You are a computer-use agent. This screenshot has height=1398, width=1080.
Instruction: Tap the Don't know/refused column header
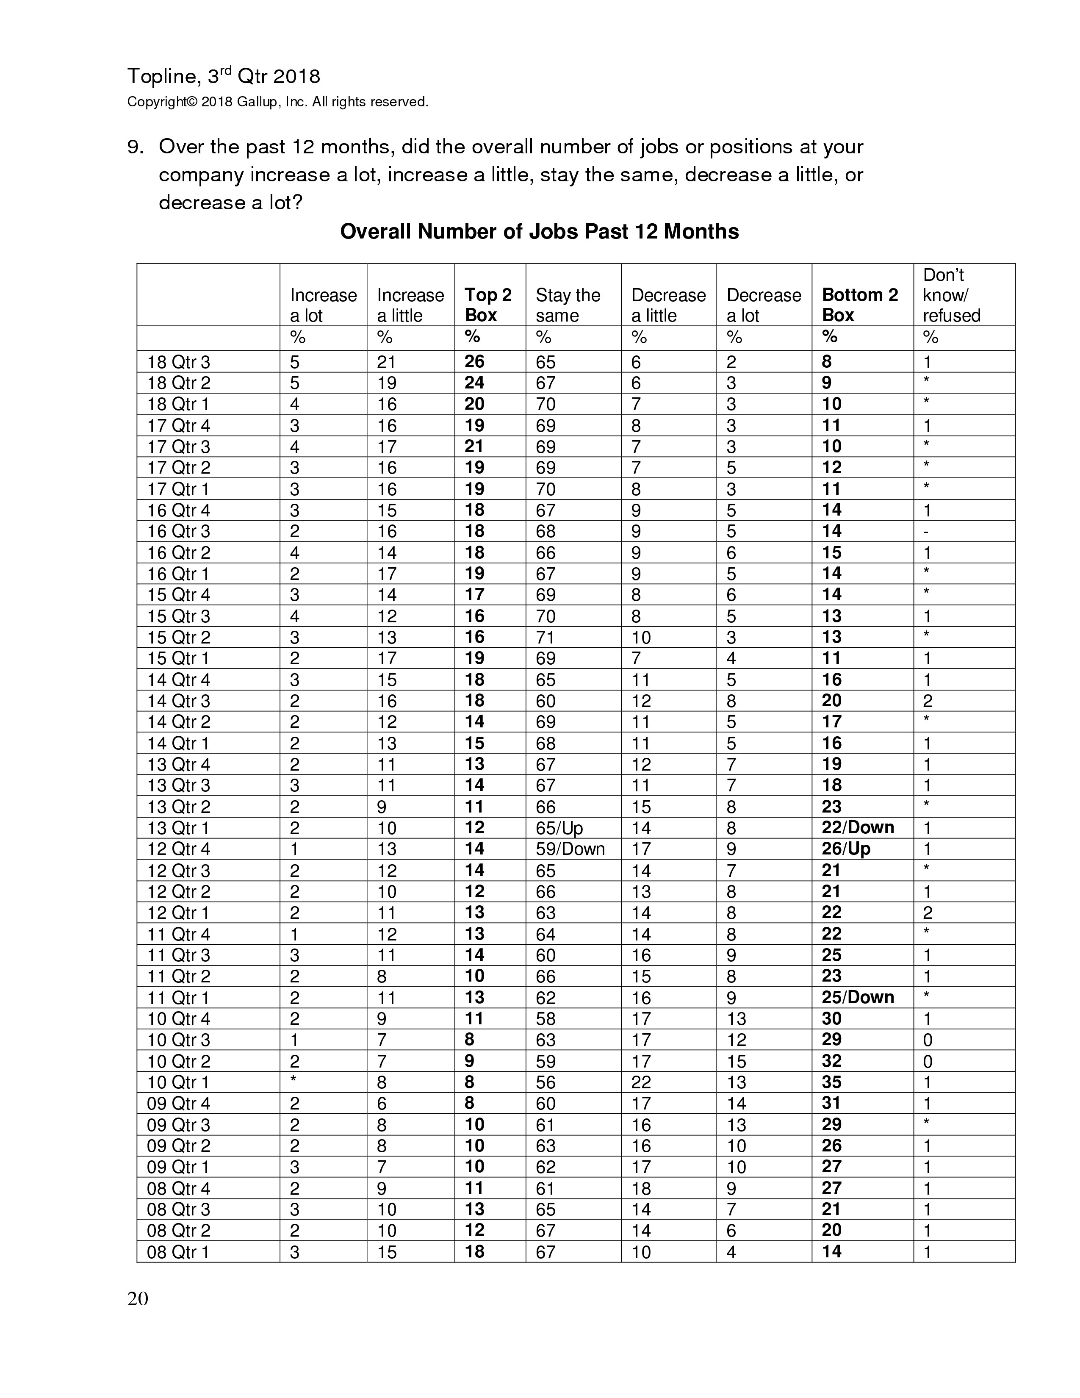(x=951, y=295)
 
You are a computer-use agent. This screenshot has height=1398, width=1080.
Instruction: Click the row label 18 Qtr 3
(x=178, y=362)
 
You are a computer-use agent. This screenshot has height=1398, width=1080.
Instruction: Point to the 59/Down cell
(x=570, y=849)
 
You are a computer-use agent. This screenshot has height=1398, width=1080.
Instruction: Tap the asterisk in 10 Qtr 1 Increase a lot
(x=294, y=1081)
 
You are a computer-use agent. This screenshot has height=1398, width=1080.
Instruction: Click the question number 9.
(x=135, y=147)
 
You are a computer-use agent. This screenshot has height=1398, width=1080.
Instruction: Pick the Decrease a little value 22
(x=641, y=1082)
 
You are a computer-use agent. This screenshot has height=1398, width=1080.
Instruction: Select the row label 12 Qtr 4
(x=178, y=849)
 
